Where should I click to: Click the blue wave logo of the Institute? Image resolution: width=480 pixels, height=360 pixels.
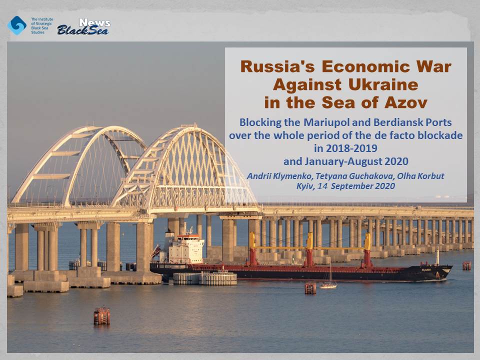click(x=17, y=25)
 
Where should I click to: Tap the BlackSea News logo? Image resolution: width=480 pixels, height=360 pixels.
click(x=83, y=26)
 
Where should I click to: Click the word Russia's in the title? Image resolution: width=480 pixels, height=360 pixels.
click(x=277, y=66)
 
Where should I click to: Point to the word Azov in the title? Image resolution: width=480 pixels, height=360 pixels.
click(x=405, y=102)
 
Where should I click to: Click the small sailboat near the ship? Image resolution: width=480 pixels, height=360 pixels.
click(x=328, y=283)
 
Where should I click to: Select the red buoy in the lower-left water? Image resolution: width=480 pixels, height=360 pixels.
click(x=101, y=315)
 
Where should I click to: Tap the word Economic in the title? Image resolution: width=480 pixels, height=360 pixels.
click(x=365, y=66)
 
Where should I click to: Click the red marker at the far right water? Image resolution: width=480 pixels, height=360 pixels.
click(x=466, y=265)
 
